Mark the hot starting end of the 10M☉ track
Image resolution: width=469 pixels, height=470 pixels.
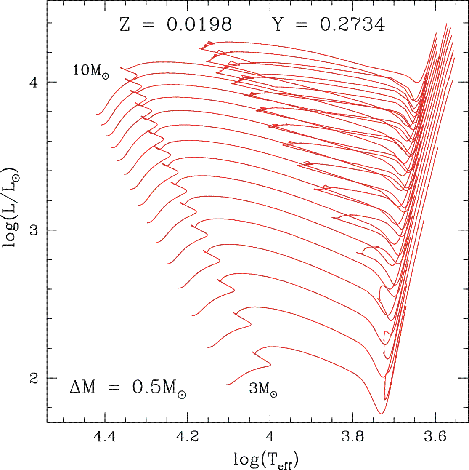tap(97, 114)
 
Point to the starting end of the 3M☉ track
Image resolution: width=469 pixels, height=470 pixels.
tap(227, 385)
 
